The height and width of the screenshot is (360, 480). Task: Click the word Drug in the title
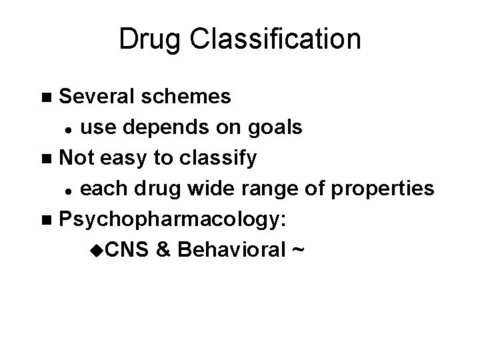tap(150, 39)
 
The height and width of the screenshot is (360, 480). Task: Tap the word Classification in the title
tap(274, 39)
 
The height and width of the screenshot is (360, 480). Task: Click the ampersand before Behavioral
tap(164, 251)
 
